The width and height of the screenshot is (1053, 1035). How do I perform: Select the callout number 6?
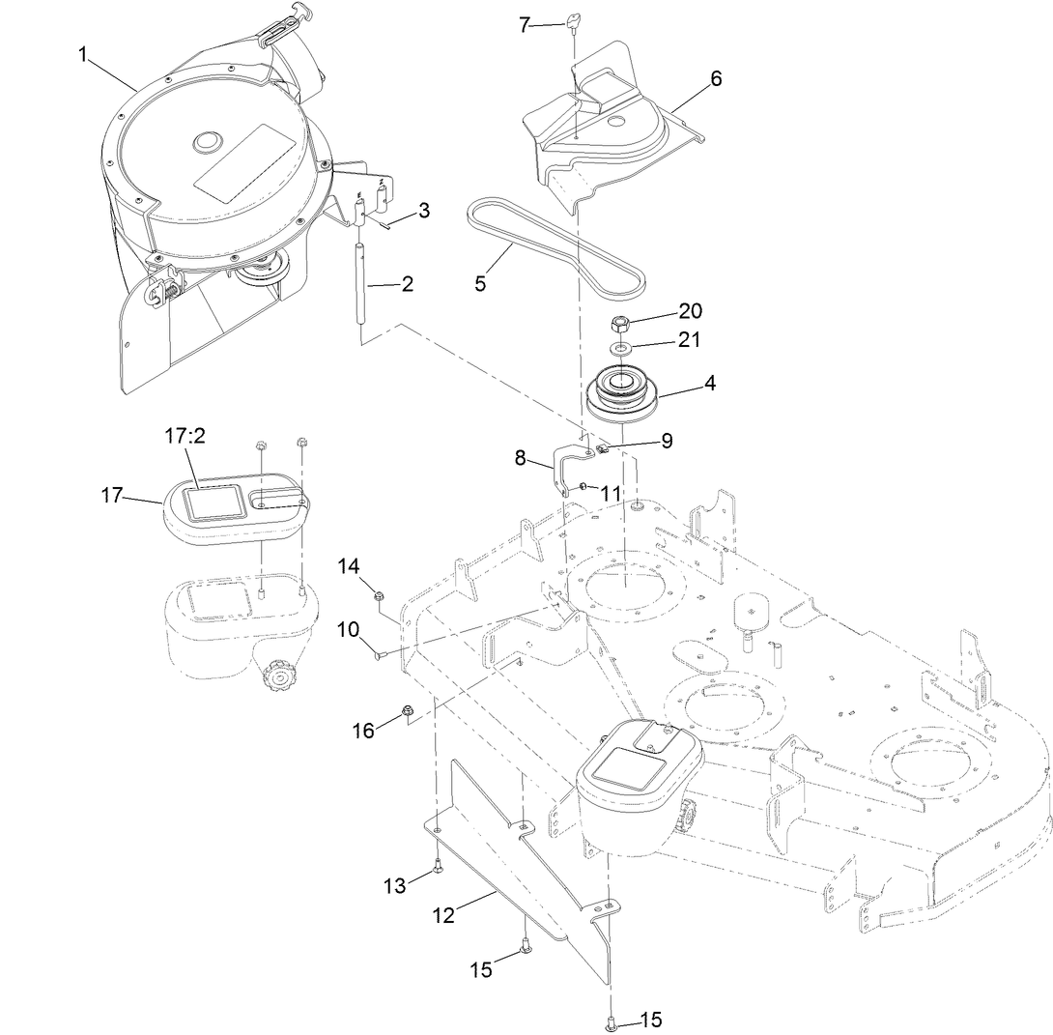(716, 79)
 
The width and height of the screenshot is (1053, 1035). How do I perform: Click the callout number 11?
(611, 493)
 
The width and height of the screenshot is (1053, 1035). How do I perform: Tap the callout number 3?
(424, 210)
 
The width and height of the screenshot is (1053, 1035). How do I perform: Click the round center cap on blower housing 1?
(207, 142)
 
